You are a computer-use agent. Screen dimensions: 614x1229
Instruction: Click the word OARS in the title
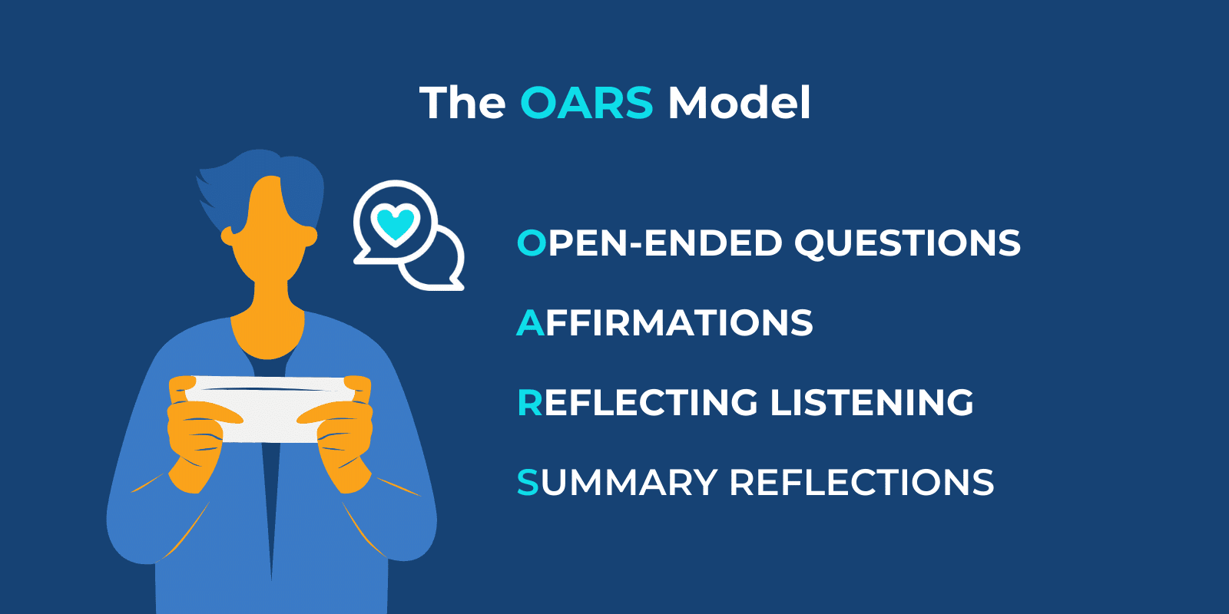pos(586,103)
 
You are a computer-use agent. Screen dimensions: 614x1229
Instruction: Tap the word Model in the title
pos(738,103)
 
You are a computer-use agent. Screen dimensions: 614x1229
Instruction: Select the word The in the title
pos(462,103)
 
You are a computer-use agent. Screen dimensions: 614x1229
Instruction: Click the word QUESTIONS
pos(907,244)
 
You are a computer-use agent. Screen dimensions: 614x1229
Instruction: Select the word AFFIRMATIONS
pos(665,323)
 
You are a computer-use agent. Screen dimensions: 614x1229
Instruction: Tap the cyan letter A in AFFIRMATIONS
pos(530,323)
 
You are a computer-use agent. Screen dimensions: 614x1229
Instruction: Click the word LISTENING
pos(872,403)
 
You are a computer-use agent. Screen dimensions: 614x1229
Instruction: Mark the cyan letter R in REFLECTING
pos(530,403)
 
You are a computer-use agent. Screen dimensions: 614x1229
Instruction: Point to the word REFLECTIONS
pos(861,483)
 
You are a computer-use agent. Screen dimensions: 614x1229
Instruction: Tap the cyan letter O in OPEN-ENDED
pos(532,243)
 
